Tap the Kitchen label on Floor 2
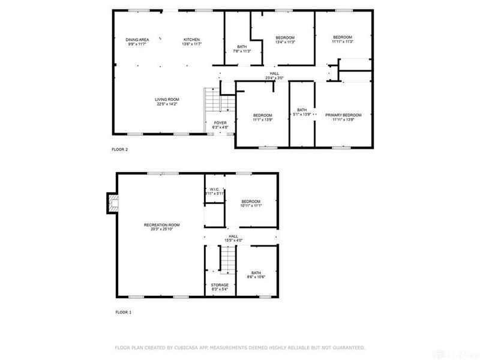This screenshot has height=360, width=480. [x=191, y=40]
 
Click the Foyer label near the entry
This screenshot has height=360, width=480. [x=220, y=122]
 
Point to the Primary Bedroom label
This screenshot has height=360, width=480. [x=343, y=115]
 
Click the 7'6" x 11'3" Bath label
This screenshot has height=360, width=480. [x=242, y=47]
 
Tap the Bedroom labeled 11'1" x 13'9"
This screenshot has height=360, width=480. [x=262, y=115]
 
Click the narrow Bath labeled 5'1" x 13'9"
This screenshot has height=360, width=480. [x=302, y=110]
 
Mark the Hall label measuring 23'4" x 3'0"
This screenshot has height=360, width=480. [x=274, y=74]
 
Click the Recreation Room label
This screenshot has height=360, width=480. [x=162, y=225]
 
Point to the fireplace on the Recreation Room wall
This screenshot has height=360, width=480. [x=111, y=203]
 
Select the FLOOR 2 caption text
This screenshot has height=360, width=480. [x=119, y=149]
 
